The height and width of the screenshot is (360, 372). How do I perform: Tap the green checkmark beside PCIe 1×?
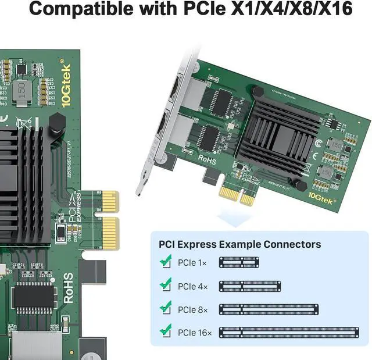(166, 262)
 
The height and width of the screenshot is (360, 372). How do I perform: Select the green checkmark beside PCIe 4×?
(166, 285)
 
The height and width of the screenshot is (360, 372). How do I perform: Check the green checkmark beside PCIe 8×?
(166, 308)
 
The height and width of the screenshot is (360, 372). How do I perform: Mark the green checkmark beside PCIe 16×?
(166, 332)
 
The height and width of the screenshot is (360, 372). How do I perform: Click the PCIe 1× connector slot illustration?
(238, 263)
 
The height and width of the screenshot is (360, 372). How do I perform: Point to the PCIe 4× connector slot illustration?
(250, 286)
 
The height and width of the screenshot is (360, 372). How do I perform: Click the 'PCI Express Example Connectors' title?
(236, 244)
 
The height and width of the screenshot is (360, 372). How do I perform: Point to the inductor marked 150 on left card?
(22, 90)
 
